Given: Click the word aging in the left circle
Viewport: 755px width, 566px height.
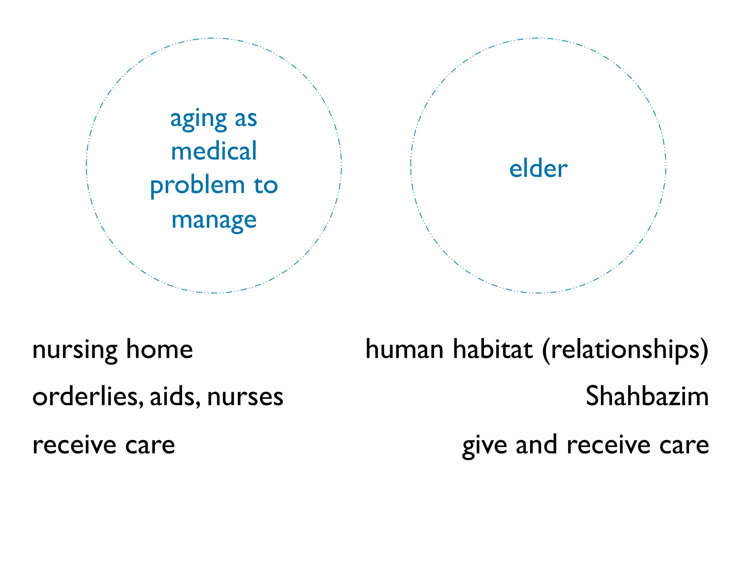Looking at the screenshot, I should point(198,120).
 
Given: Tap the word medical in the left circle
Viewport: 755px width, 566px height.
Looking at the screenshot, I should point(214,151).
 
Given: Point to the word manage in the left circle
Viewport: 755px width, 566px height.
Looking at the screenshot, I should point(214,221).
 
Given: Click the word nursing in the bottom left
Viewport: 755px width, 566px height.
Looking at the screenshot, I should point(75,350).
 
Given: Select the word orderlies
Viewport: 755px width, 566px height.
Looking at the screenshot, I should point(87,397).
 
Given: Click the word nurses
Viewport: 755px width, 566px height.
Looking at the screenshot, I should point(245,397).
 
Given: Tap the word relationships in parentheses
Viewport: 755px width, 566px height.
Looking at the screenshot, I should point(625,350).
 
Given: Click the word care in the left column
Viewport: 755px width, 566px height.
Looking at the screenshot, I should point(150,446).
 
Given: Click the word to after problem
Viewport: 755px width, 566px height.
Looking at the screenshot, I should point(265,185).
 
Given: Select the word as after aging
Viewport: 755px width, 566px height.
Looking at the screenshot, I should point(246,120).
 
